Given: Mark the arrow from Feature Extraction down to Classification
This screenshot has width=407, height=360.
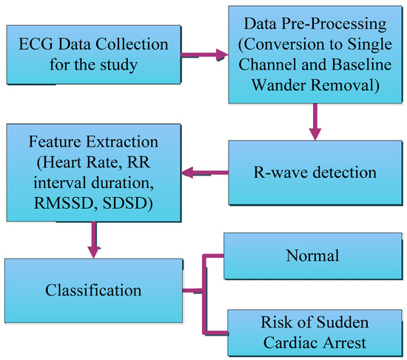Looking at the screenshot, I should pos(93,239).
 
